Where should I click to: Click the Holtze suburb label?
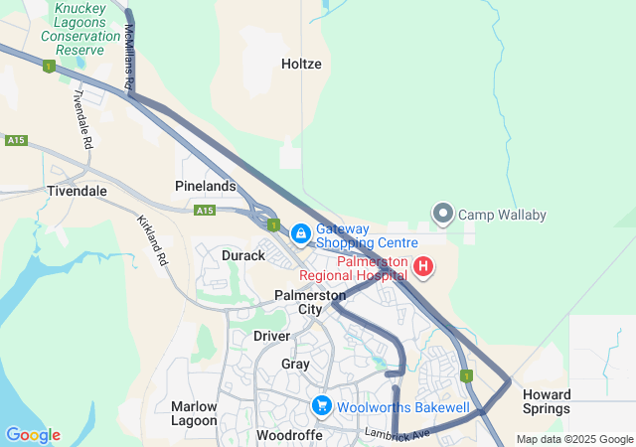301,64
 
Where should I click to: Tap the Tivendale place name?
77,191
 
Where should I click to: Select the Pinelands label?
206,186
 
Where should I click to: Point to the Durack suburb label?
243,255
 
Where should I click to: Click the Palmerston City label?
311,302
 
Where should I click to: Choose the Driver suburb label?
271,336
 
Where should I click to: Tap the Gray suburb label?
295,364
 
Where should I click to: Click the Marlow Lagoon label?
194,413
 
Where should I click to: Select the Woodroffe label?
289,435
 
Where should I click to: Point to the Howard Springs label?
547,401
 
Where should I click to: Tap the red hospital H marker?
423,266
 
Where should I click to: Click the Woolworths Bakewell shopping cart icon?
321,406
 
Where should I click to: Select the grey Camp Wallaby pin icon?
443,214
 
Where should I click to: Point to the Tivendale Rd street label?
82,119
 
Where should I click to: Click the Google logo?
33,435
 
